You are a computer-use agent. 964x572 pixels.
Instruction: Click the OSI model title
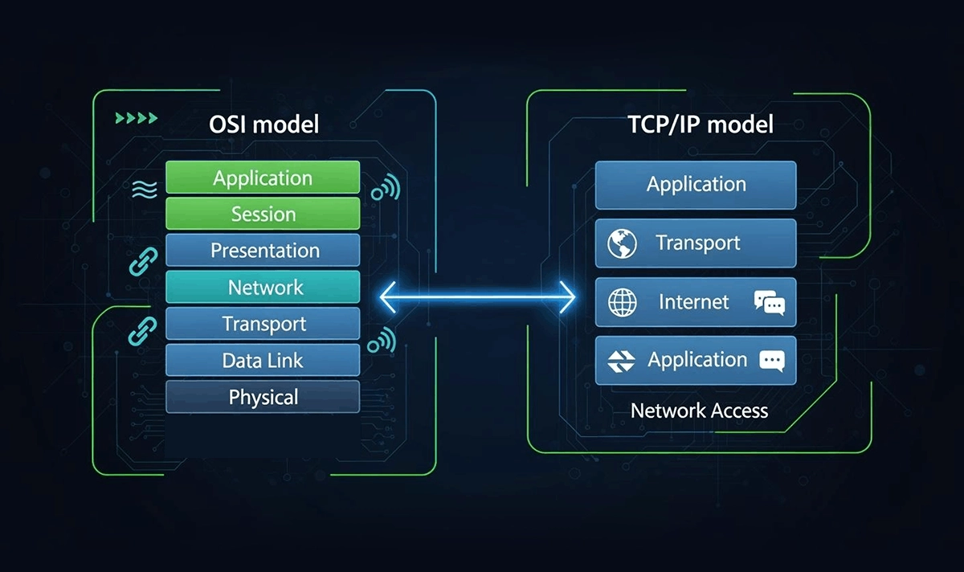point(263,125)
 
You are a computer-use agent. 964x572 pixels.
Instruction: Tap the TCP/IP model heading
point(700,125)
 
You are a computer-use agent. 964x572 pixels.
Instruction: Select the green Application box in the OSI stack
point(263,178)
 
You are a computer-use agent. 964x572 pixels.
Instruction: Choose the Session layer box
point(263,214)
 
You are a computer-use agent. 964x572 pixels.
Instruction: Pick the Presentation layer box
point(263,251)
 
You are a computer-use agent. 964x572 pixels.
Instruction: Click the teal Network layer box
point(263,288)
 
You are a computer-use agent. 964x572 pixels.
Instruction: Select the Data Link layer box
point(263,361)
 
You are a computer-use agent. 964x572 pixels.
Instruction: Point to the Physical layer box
point(263,397)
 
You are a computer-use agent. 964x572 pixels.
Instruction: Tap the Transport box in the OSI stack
point(263,325)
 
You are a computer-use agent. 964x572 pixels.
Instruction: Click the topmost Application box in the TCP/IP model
point(696,185)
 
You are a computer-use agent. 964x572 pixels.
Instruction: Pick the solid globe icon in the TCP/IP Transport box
point(622,243)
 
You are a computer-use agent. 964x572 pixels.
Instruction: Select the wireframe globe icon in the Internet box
point(623,302)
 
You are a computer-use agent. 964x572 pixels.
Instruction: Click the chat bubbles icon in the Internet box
point(769,303)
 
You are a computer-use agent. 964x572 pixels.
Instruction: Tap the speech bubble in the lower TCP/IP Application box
point(771,361)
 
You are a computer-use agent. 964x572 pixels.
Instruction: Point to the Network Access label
point(699,411)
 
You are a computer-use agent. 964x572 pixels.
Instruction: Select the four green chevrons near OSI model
point(137,119)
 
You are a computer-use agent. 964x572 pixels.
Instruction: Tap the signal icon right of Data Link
point(382,341)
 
